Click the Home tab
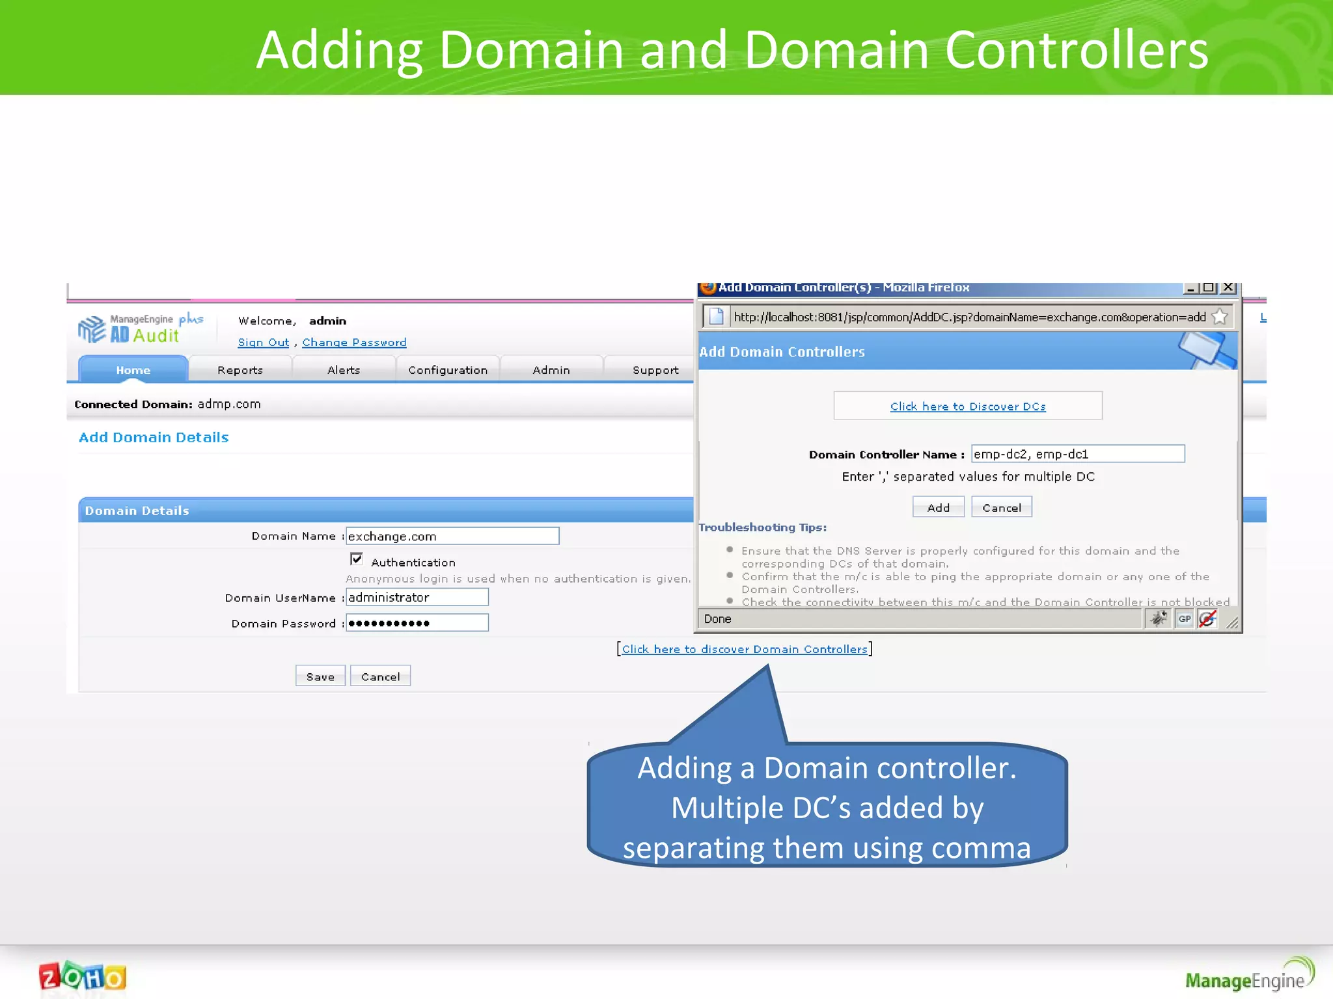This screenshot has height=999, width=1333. coord(133,369)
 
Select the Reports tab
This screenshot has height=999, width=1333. coord(240,369)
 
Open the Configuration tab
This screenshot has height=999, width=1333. coord(448,369)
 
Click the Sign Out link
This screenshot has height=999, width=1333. coord(264,342)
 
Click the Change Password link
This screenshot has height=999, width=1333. coord(354,342)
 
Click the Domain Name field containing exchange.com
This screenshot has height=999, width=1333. coord(452,536)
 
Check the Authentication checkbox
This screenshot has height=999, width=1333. coord(357,559)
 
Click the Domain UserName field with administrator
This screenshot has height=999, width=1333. coord(417,597)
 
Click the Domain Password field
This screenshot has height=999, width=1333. coord(417,622)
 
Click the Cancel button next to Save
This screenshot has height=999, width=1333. coord(380,676)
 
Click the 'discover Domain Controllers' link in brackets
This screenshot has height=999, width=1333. coord(745,649)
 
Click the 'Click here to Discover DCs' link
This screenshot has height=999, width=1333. coord(968,406)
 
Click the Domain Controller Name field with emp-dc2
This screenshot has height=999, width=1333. coord(1077,454)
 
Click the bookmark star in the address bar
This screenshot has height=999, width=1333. coord(1220,317)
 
